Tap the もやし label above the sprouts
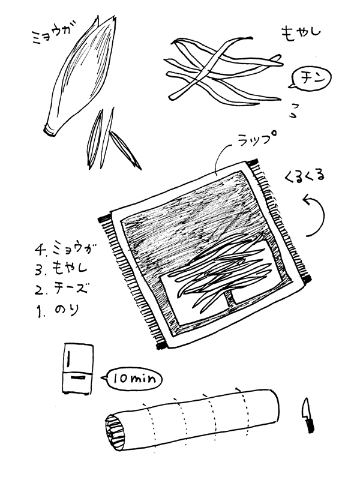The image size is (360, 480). click(x=301, y=32)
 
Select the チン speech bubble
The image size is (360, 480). click(x=310, y=78)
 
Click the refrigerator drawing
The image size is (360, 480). click(x=78, y=369)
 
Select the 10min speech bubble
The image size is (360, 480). click(x=132, y=379)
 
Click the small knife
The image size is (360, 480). click(x=307, y=415)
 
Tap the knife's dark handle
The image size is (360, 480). click(x=310, y=425)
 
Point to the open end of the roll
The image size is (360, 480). click(x=115, y=432)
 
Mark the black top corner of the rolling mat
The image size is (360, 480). click(x=253, y=162)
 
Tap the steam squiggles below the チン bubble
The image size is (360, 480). click(x=293, y=110)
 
